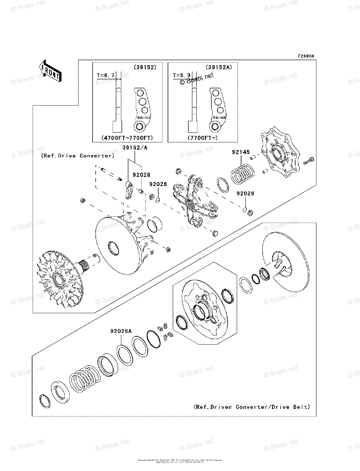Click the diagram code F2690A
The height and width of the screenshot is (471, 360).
point(306,56)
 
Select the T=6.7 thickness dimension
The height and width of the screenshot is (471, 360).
point(106,74)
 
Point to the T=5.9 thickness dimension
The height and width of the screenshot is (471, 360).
point(181,74)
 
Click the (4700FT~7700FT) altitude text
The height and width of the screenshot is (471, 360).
point(127,138)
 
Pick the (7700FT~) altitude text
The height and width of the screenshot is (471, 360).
point(203,138)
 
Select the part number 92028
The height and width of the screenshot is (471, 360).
point(141,175)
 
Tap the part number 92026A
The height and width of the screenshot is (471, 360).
point(121,331)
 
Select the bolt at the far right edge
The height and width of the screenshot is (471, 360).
point(309,161)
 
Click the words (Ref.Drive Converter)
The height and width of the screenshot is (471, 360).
point(77,155)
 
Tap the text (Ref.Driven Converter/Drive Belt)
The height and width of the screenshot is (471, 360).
point(252,407)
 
